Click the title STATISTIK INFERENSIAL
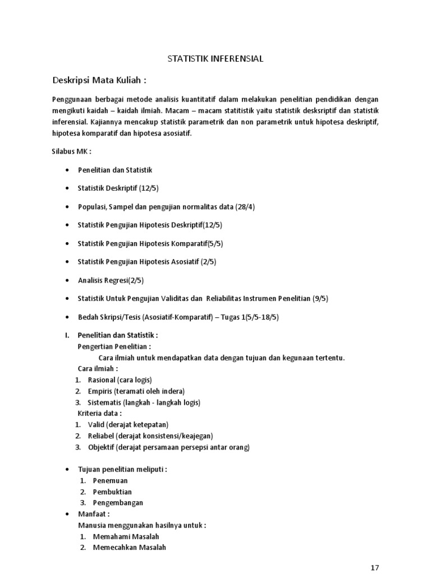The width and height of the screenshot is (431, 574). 215,58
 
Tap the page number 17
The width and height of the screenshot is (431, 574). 374,567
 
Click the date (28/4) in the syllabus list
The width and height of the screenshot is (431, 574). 245,206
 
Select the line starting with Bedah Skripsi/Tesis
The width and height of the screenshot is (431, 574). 178,317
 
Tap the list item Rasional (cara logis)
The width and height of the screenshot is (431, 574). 120,379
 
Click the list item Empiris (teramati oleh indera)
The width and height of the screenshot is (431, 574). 136,391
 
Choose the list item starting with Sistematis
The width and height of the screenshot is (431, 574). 144,402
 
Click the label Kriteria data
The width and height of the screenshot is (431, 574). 99,413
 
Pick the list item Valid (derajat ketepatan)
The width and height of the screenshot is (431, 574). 128,424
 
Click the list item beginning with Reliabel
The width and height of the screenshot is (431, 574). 150,436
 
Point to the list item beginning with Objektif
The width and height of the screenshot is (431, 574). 168,447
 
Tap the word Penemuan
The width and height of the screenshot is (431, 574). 110,480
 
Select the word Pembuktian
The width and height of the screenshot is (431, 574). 112,492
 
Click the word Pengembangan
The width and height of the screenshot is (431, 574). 118,503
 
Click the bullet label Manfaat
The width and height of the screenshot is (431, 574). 93,514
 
